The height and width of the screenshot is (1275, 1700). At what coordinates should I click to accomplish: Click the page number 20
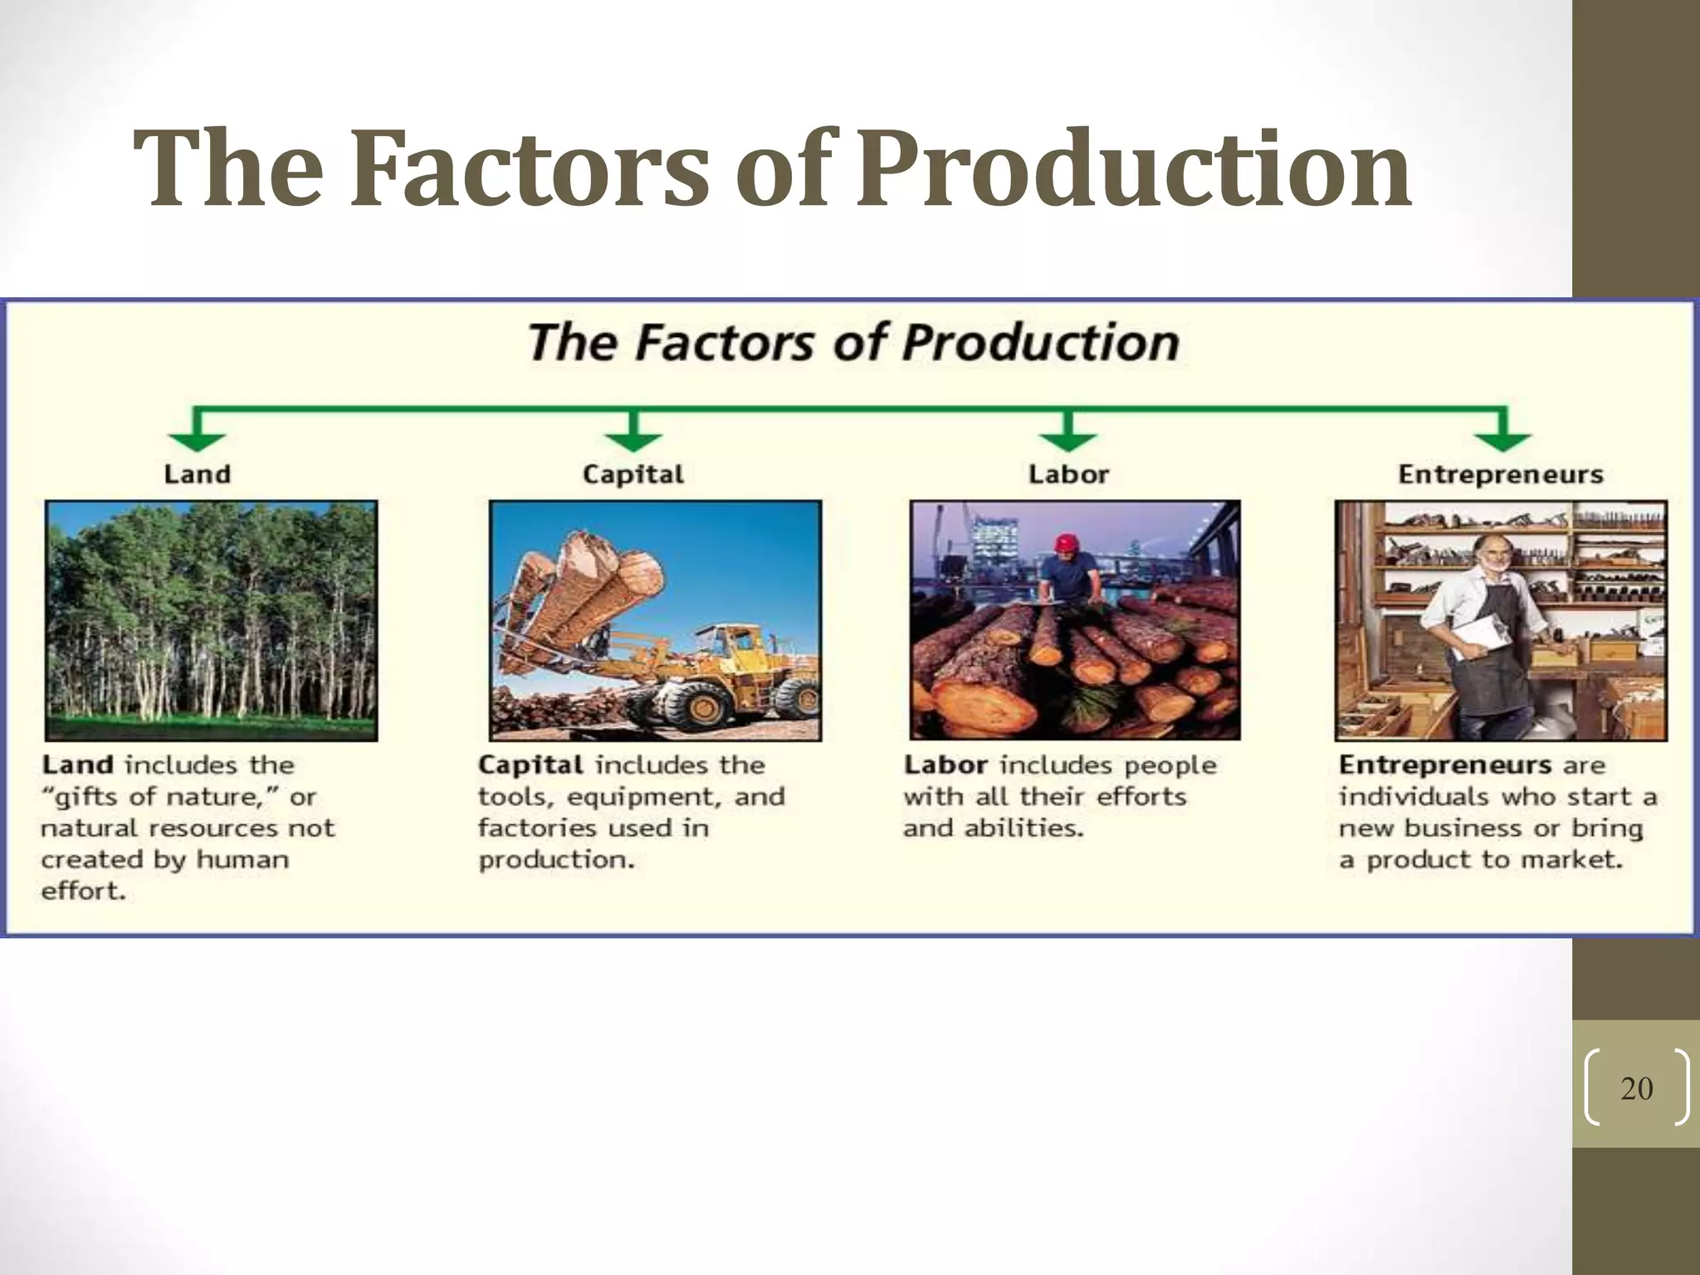point(1636,1088)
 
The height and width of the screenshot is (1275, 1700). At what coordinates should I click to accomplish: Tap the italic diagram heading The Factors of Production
point(853,342)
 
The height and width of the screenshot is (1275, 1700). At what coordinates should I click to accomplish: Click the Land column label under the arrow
point(197,474)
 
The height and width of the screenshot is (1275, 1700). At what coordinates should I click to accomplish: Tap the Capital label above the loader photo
point(633,475)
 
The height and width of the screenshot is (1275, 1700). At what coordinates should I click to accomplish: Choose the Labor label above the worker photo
point(1068,474)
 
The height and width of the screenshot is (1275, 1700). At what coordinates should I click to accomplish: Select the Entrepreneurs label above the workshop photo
point(1501,474)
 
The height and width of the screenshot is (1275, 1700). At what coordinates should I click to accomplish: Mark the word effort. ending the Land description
point(83,892)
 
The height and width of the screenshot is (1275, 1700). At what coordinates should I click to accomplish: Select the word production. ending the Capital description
point(555,860)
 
